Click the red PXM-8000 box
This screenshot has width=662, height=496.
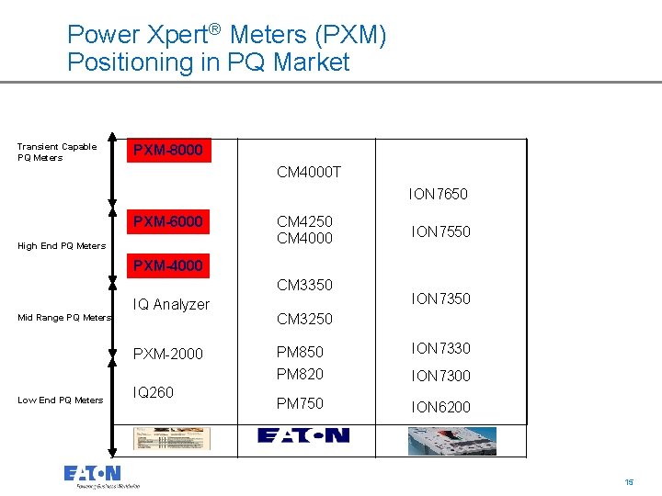click(x=168, y=150)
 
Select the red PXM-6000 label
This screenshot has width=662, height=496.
click(x=168, y=222)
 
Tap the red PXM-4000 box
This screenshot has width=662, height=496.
click(x=168, y=266)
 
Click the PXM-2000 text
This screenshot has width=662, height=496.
click(x=168, y=354)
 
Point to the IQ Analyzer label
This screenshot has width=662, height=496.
click(x=171, y=304)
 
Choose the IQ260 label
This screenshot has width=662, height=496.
click(x=153, y=392)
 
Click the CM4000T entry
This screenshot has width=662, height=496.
click(x=309, y=172)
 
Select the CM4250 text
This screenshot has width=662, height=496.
click(x=304, y=221)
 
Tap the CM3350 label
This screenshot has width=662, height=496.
click(x=304, y=285)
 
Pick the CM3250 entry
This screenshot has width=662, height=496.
click(x=304, y=319)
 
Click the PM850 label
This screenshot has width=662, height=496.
click(x=300, y=351)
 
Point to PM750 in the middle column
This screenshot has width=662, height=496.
click(x=300, y=403)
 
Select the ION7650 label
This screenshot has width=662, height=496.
click(x=438, y=194)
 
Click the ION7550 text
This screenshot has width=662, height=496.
click(x=440, y=231)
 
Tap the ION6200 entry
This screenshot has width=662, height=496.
click(x=440, y=407)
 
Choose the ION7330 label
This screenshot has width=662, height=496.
click(x=440, y=348)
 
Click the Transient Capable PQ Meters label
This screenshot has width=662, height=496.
click(x=56, y=152)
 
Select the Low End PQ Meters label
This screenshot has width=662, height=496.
click(x=60, y=400)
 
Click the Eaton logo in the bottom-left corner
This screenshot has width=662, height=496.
click(x=93, y=475)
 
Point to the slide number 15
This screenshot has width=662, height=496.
click(x=629, y=481)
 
